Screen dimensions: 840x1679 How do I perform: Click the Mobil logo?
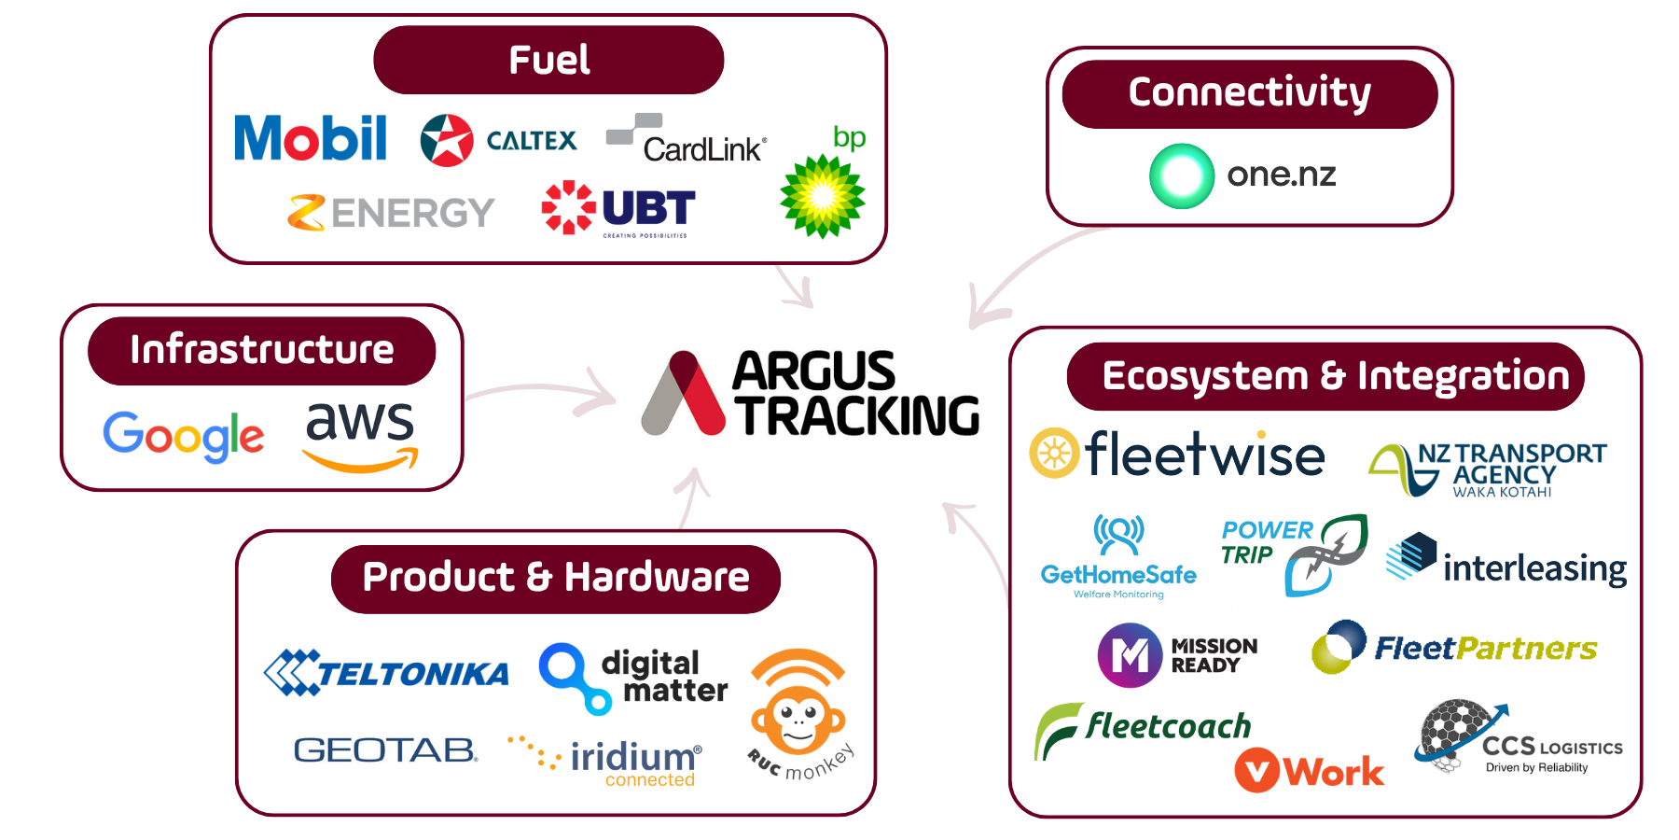point(310,138)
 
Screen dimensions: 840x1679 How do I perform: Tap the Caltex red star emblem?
point(447,140)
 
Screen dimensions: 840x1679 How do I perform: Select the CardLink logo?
point(687,140)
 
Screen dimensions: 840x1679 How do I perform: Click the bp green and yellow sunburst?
point(822,196)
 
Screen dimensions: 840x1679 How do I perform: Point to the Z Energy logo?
point(391,213)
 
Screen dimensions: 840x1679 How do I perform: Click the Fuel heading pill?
point(548,60)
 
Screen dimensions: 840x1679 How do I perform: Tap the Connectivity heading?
point(1249,93)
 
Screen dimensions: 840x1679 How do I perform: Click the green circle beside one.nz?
point(1182,175)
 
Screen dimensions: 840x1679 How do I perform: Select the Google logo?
point(184,435)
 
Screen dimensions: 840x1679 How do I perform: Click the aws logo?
point(360,435)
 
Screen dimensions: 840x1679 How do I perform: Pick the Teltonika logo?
point(386,672)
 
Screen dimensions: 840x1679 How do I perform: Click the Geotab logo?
point(385,749)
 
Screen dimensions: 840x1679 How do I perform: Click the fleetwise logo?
point(1177,455)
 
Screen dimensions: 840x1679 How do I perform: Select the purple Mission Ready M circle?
point(1129,655)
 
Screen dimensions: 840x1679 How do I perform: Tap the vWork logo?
point(1309,772)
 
